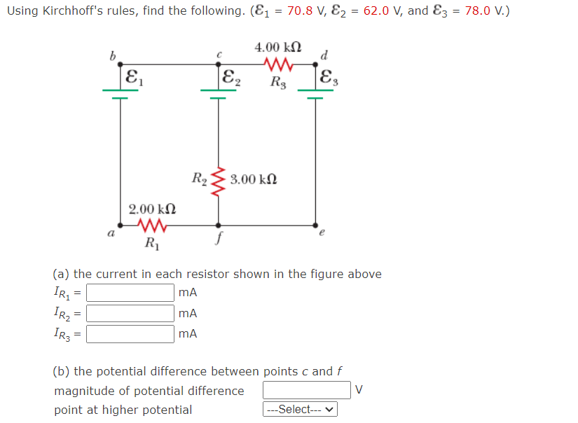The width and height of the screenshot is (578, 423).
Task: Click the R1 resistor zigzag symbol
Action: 152,226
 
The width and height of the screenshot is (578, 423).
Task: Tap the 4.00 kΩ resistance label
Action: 279,48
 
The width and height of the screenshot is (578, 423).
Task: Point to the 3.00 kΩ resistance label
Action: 254,180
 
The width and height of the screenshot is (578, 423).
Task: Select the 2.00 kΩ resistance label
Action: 151,209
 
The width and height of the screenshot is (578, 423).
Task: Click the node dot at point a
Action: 121,226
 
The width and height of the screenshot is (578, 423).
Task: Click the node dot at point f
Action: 219,226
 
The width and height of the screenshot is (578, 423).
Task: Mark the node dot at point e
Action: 315,226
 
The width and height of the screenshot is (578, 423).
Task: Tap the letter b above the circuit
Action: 111,55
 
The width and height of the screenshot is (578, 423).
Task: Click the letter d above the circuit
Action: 323,55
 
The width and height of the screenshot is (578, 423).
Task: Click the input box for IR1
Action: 130,293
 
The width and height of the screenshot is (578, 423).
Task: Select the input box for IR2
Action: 130,313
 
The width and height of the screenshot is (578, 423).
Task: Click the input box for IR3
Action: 130,333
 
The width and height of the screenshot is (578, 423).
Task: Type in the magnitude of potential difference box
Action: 307,390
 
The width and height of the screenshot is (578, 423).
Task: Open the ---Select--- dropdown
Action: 300,410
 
